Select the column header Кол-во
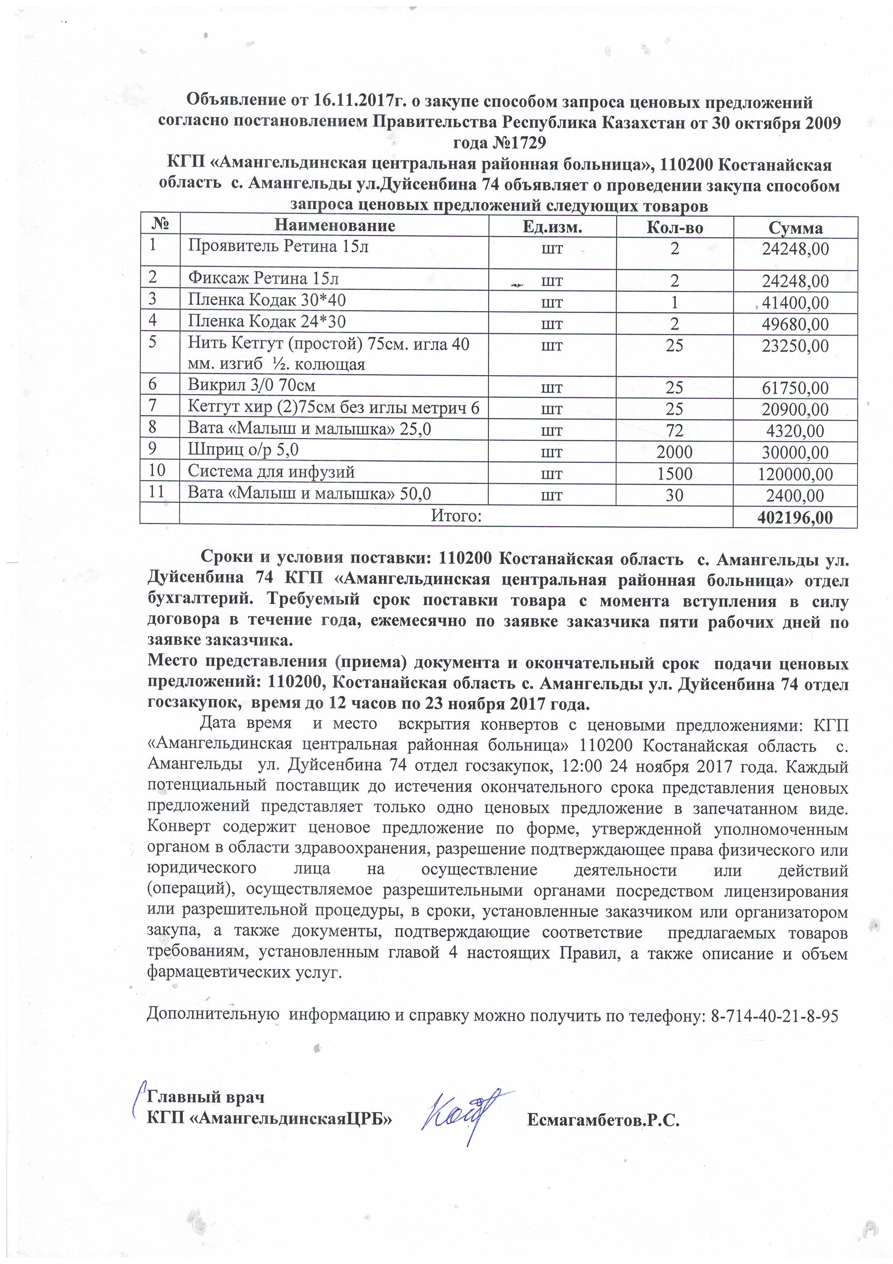[x=674, y=227]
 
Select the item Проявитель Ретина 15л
[x=278, y=246]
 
